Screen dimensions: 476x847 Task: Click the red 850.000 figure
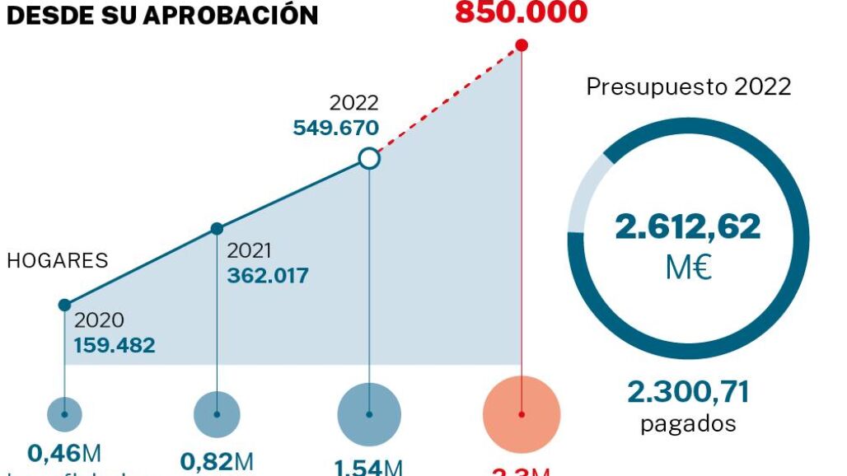click(521, 12)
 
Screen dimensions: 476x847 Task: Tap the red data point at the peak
click(522, 46)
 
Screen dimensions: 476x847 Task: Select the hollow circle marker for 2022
click(369, 158)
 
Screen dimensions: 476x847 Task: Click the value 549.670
click(336, 128)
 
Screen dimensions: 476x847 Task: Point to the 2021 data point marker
click(217, 228)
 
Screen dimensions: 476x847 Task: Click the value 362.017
click(268, 275)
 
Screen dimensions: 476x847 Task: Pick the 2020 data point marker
click(64, 305)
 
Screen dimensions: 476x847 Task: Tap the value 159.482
click(115, 345)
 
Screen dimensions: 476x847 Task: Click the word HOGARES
click(58, 261)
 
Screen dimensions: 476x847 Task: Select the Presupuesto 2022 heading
click(688, 86)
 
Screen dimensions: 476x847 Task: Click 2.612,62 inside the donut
click(688, 226)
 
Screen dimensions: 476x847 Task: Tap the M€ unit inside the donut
click(688, 268)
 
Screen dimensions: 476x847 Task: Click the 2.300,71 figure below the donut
click(688, 393)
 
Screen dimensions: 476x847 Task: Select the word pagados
click(688, 424)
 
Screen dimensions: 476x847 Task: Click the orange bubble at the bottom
click(522, 414)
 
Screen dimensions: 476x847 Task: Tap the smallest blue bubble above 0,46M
click(64, 414)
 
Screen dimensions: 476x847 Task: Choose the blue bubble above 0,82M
click(217, 414)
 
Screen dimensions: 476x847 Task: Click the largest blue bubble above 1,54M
click(369, 414)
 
